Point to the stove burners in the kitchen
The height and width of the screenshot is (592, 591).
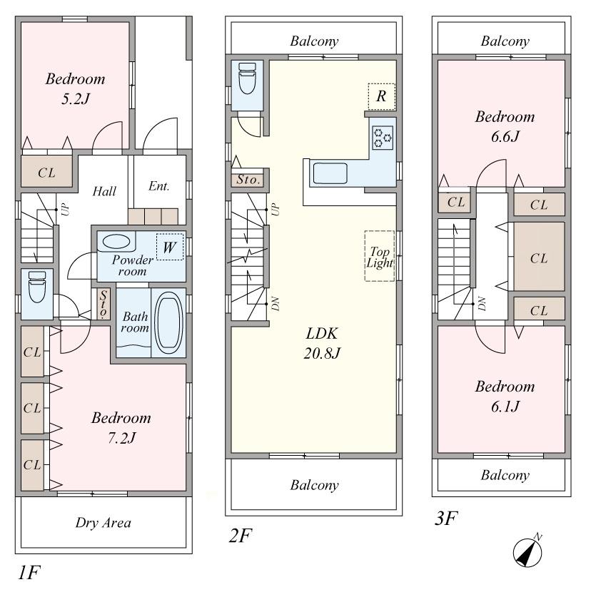[383, 137]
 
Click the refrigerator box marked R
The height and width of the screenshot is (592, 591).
[381, 96]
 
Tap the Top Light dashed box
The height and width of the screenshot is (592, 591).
[379, 255]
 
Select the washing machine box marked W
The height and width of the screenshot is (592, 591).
[170, 247]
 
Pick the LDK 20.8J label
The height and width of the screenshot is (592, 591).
[313, 342]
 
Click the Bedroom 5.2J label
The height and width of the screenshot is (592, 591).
[75, 87]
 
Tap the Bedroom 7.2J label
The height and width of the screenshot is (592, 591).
[121, 427]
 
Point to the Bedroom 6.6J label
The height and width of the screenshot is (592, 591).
[505, 126]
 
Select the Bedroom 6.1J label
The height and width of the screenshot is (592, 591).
[505, 396]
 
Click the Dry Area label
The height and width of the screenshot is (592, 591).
[103, 523]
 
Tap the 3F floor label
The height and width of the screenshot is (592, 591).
[445, 518]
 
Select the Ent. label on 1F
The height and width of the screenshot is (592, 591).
[158, 187]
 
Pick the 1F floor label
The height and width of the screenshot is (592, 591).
[28, 571]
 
